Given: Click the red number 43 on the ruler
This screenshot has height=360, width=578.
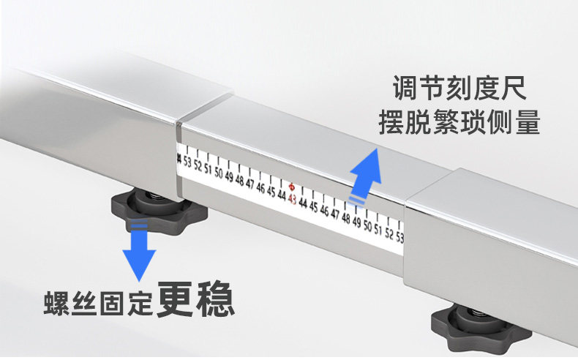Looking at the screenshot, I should tap(293, 199).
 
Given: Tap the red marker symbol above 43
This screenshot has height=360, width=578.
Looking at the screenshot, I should tap(293, 187).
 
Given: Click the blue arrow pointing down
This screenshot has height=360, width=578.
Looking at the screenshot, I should tap(138, 253).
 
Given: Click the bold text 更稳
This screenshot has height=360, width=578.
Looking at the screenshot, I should tap(196, 300).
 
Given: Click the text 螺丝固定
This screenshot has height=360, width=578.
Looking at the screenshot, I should tap(99, 301).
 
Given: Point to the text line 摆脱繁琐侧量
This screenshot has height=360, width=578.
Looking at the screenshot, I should tap(459, 122).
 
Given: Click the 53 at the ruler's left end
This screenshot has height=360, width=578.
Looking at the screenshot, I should tap(187, 162).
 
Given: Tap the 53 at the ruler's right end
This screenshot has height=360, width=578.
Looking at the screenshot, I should tap(399, 236).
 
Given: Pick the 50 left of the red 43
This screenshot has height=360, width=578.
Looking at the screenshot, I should tap(219, 173).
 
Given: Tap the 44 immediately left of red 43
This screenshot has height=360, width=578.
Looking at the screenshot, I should tap(282, 195).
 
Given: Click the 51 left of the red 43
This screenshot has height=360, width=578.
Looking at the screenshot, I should tap(208, 169).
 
